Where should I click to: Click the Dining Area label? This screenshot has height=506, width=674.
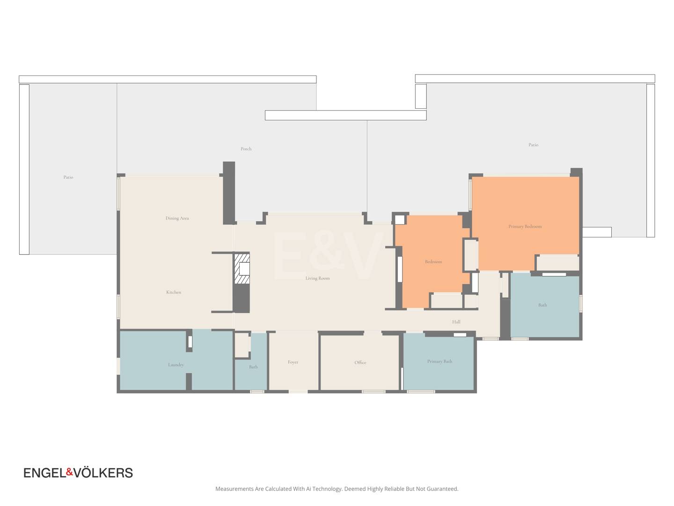click(x=177, y=218)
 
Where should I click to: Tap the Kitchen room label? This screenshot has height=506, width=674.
click(x=174, y=292)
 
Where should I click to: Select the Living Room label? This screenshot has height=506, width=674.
click(x=317, y=278)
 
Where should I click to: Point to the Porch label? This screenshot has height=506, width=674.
click(x=246, y=149)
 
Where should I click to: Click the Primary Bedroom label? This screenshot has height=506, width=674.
click(x=525, y=226)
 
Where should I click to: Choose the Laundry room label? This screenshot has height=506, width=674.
click(x=176, y=365)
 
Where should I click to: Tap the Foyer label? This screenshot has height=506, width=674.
click(x=293, y=362)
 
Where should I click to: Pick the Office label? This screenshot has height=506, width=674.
click(x=360, y=363)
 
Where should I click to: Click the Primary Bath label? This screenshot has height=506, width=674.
click(x=440, y=361)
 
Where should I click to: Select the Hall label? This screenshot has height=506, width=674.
click(x=456, y=322)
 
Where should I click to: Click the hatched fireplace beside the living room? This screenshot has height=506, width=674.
click(x=242, y=268)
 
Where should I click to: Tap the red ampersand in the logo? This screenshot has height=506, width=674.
click(x=70, y=472)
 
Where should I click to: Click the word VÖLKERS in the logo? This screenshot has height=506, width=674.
click(x=103, y=473)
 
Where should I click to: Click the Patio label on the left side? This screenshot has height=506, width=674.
click(x=68, y=177)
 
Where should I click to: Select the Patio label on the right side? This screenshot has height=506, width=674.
click(x=534, y=145)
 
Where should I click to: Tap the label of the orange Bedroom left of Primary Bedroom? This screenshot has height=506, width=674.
click(x=433, y=262)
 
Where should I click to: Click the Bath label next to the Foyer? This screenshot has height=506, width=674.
click(x=253, y=367)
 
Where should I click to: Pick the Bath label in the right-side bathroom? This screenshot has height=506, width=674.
click(x=542, y=305)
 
